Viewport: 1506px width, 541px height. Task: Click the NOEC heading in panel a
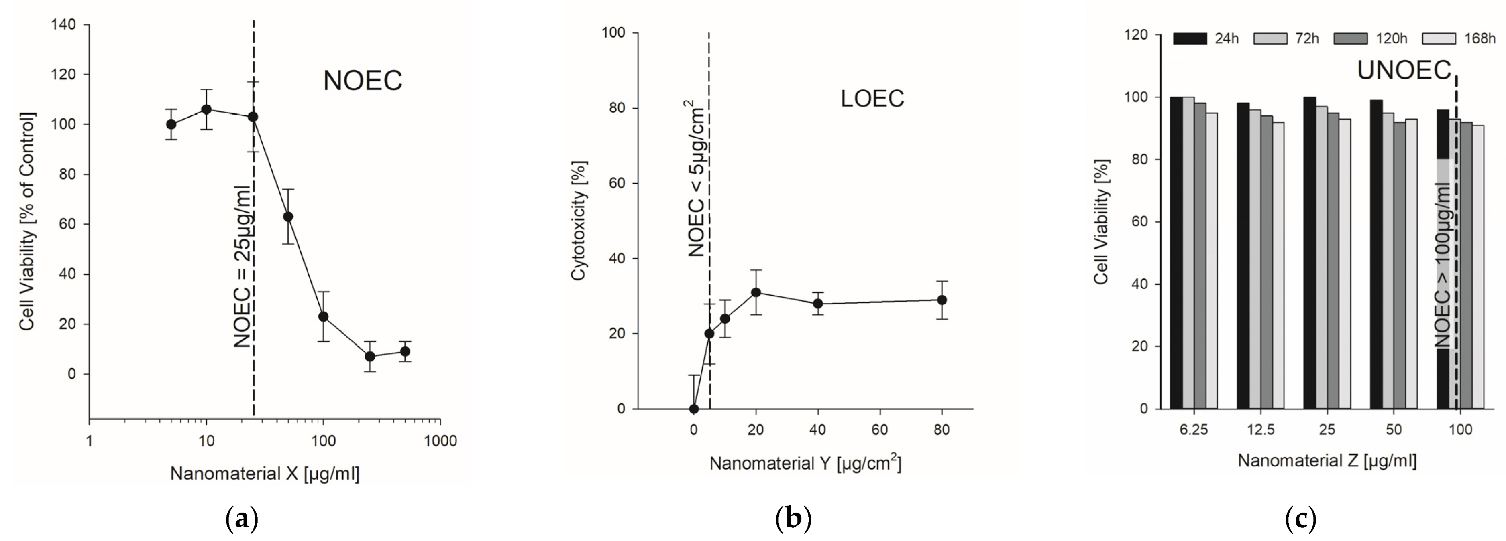363,81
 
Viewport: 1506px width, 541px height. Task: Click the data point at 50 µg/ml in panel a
287,217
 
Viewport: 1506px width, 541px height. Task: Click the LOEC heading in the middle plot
872,99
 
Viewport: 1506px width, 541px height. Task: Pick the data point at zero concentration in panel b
693,409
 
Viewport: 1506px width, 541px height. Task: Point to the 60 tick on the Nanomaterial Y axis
879,430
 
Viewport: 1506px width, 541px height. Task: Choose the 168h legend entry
1458,38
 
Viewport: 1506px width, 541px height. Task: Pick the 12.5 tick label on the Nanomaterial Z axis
1260,430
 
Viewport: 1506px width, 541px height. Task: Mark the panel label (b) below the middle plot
793,518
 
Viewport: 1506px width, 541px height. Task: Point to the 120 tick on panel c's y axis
1135,35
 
